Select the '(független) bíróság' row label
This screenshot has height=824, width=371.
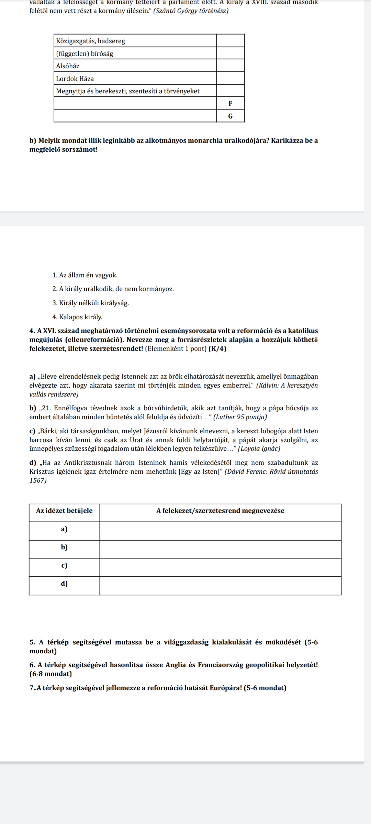click(x=85, y=54)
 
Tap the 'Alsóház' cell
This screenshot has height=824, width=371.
click(x=68, y=66)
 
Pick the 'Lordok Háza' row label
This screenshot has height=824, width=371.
click(x=75, y=79)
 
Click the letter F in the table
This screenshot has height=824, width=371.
click(x=230, y=103)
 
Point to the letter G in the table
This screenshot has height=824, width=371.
click(x=230, y=116)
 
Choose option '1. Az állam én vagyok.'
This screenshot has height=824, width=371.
click(x=85, y=275)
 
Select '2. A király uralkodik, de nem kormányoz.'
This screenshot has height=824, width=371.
click(x=113, y=289)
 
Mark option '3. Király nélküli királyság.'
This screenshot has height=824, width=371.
click(x=91, y=303)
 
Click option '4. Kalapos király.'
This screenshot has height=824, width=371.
click(x=77, y=317)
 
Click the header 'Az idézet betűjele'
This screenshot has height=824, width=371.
click(x=64, y=511)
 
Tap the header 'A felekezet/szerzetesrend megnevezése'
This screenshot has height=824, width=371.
click(x=220, y=511)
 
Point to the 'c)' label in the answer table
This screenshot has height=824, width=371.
click(x=64, y=565)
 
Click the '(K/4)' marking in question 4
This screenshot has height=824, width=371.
click(x=217, y=349)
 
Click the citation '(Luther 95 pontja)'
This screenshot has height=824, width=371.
click(x=240, y=417)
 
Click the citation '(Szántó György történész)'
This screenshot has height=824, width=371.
click(x=191, y=11)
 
